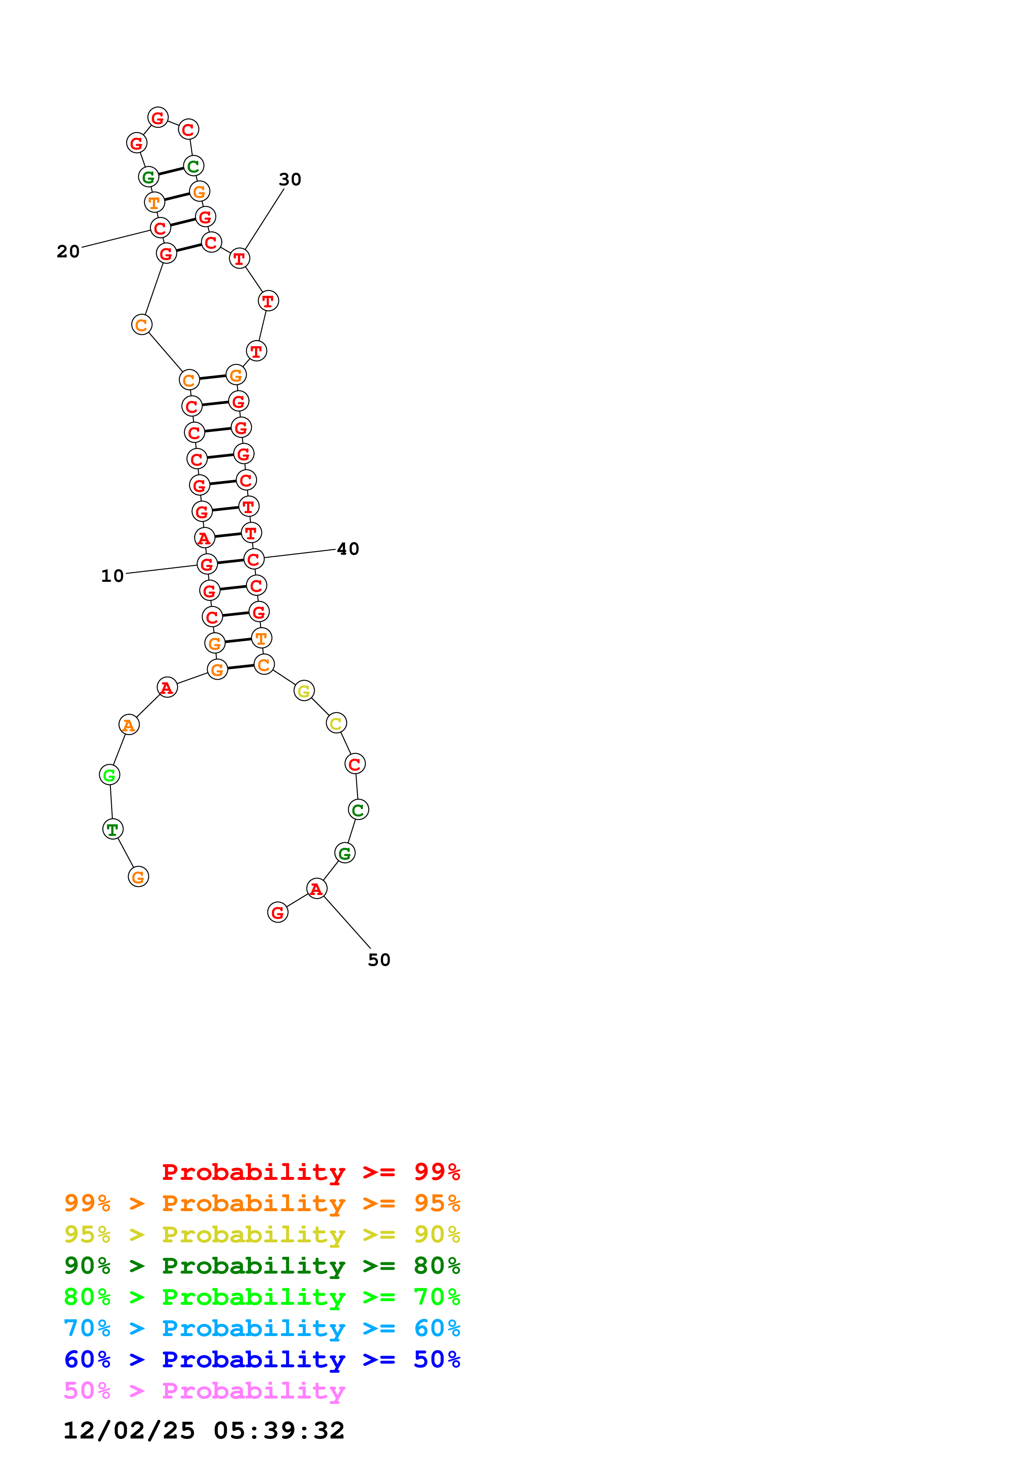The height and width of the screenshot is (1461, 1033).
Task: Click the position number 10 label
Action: pyautogui.click(x=113, y=576)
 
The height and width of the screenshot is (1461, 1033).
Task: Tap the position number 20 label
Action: pyautogui.click(x=68, y=252)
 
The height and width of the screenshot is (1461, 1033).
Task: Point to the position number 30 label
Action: pyautogui.click(x=290, y=180)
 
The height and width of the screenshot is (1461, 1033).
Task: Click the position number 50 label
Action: pyautogui.click(x=379, y=960)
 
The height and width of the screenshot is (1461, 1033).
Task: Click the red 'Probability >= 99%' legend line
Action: pyautogui.click(x=310, y=1172)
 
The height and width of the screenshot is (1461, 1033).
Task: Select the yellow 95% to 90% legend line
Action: pyautogui.click(x=262, y=1234)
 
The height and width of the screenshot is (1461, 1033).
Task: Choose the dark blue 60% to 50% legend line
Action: pyautogui.click(x=262, y=1359)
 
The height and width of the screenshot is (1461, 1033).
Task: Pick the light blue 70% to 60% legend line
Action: pyautogui.click(x=262, y=1328)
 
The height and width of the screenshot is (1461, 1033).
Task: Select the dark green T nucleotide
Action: pyautogui.click(x=113, y=829)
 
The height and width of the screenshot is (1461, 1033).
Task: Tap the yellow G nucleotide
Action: pyautogui.click(x=304, y=691)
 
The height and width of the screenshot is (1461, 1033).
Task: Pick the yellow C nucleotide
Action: pyautogui.click(x=336, y=723)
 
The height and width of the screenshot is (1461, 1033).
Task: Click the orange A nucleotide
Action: pyautogui.click(x=129, y=725)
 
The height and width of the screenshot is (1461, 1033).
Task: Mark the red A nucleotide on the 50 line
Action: pyautogui.click(x=316, y=888)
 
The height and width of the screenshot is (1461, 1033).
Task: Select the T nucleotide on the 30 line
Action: pyautogui.click(x=239, y=258)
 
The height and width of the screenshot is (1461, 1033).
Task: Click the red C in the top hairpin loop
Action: pyautogui.click(x=188, y=129)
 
